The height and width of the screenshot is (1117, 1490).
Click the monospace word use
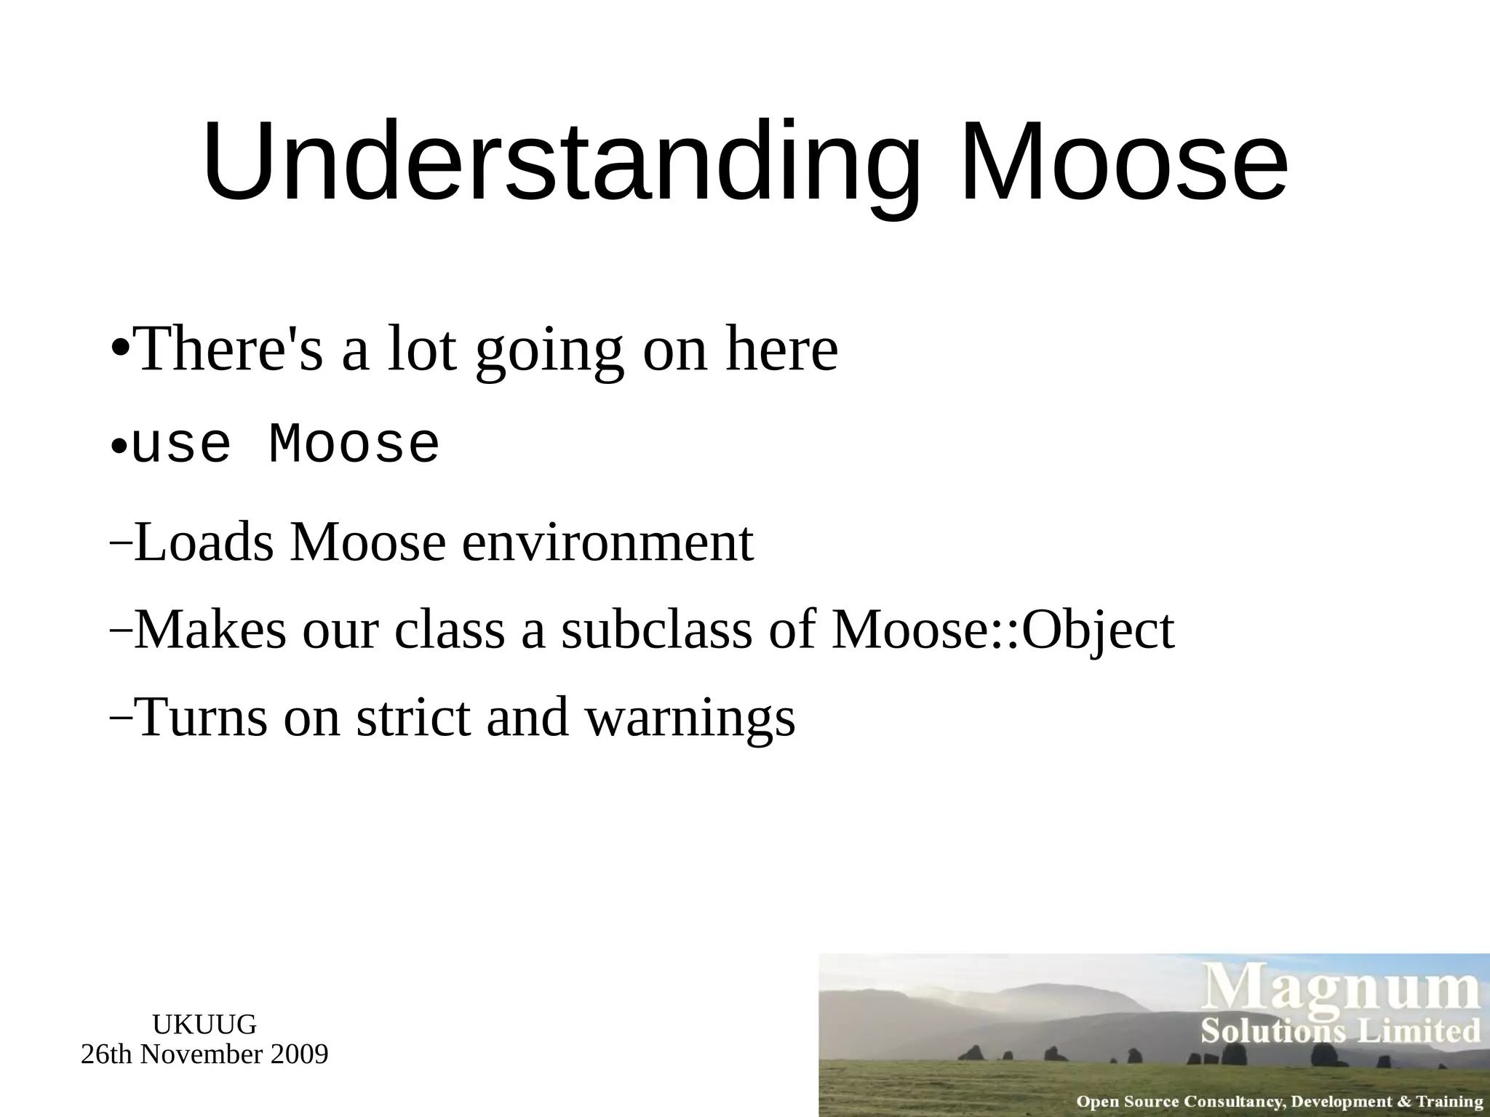click(x=181, y=444)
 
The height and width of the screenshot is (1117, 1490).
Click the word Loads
click(x=204, y=543)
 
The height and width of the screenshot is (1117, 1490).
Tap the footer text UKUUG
click(x=204, y=1025)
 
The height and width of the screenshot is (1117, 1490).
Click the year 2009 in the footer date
click(x=298, y=1054)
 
